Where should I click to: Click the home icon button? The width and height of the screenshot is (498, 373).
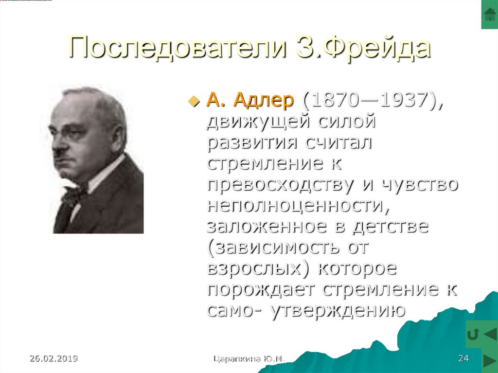pyautogui.click(x=489, y=14)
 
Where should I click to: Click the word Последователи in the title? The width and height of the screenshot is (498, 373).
pyautogui.click(x=177, y=47)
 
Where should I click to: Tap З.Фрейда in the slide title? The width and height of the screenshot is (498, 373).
pyautogui.click(x=363, y=47)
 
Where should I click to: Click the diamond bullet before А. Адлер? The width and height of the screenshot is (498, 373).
pyautogui.click(x=194, y=101)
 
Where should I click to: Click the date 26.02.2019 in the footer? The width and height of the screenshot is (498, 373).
pyautogui.click(x=53, y=358)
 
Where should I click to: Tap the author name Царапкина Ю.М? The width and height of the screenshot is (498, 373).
pyautogui.click(x=249, y=359)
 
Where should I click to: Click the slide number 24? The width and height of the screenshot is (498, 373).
pyautogui.click(x=463, y=358)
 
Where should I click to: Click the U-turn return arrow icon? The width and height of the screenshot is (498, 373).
pyautogui.click(x=473, y=334)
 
